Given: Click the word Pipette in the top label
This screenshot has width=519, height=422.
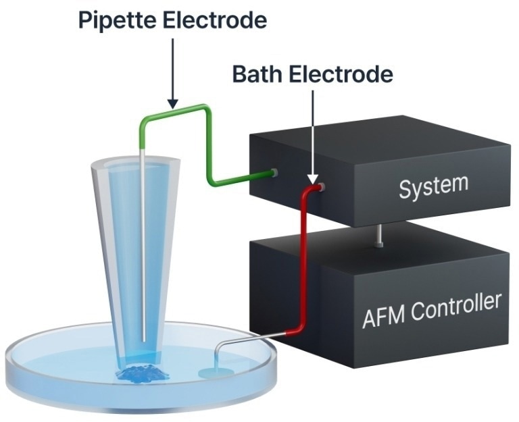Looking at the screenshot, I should click(x=115, y=20).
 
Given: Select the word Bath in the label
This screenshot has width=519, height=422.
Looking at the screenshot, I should click(x=257, y=74).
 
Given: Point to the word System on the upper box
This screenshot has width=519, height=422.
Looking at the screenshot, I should click(x=432, y=185).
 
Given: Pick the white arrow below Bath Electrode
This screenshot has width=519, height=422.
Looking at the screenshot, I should click(x=313, y=135).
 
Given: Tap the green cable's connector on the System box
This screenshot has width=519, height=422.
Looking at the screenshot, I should click(x=274, y=173).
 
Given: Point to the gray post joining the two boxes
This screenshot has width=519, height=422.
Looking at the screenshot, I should click(x=380, y=236).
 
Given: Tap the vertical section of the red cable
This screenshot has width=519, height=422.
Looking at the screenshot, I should click(x=302, y=257).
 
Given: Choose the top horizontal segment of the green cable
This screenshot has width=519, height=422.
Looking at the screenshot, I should click(x=173, y=112).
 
